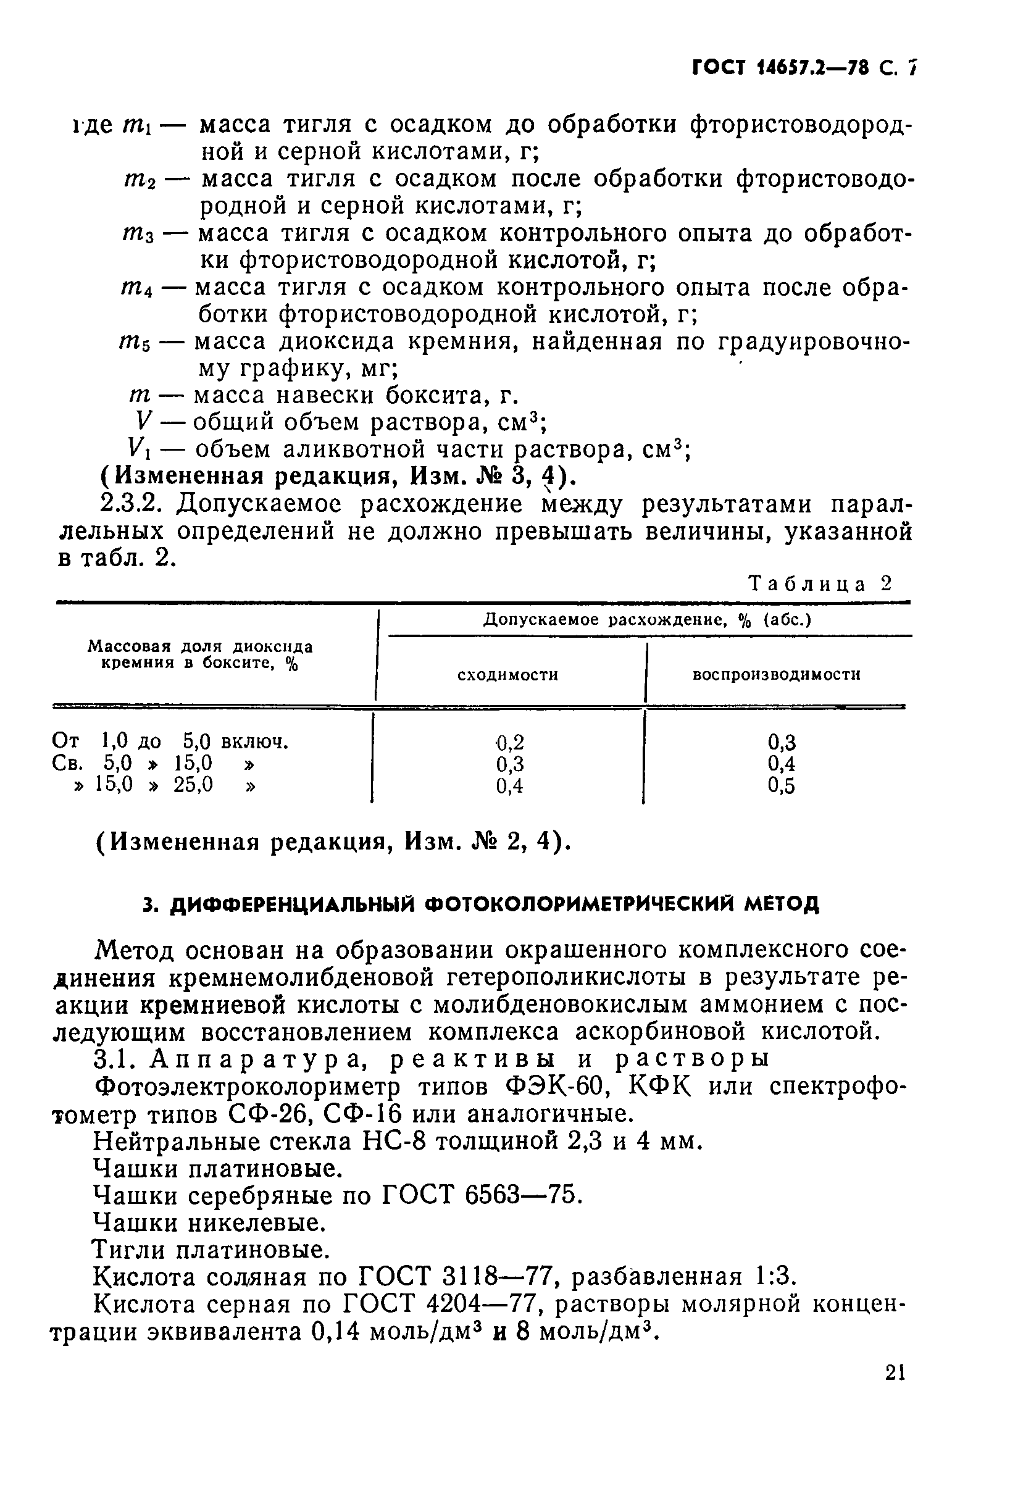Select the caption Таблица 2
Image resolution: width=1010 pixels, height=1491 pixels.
(x=820, y=583)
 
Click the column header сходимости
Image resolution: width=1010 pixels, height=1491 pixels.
(x=507, y=675)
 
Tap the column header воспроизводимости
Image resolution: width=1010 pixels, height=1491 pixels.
(x=777, y=675)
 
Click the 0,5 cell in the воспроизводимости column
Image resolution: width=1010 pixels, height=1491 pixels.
(x=782, y=786)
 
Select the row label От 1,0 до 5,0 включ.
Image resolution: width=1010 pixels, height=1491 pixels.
(x=170, y=741)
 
